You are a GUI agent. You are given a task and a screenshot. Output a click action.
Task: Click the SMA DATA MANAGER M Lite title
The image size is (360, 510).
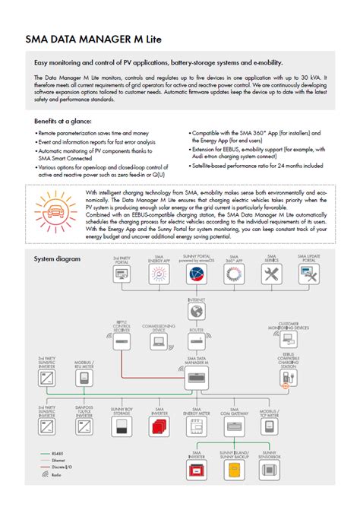(x=93, y=38)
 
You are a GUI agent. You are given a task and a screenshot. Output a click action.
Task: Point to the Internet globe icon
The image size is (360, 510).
(x=197, y=312)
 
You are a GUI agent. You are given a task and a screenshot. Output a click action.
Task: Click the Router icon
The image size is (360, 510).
(x=197, y=345)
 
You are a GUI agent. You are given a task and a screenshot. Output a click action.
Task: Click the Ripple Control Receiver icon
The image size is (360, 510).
(x=122, y=345)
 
